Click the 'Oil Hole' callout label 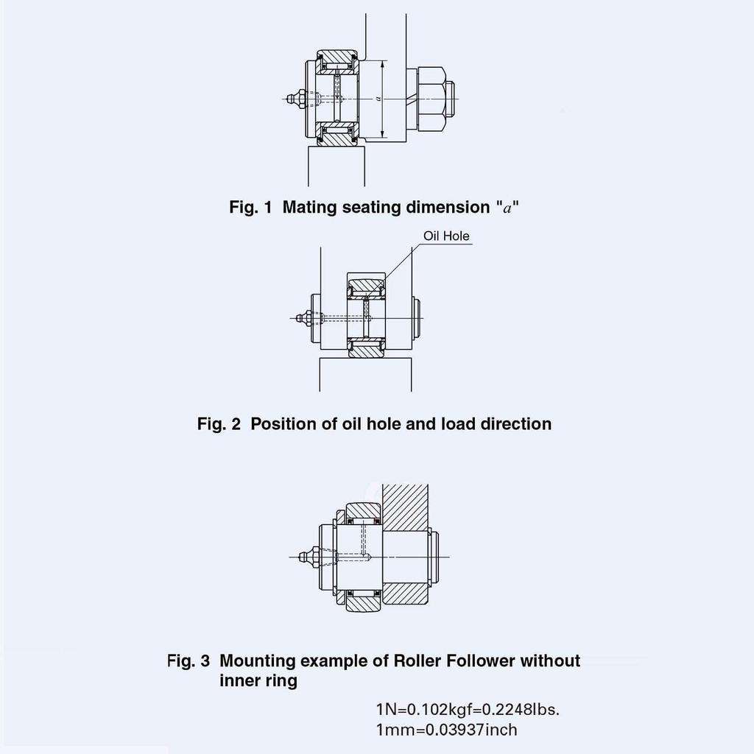446,236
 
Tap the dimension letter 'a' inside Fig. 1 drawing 377,98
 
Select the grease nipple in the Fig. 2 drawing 303,318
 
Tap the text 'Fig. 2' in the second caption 219,424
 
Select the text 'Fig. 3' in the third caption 188,660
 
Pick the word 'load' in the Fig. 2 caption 457,424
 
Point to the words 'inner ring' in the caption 258,680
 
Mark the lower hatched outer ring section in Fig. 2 366,350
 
